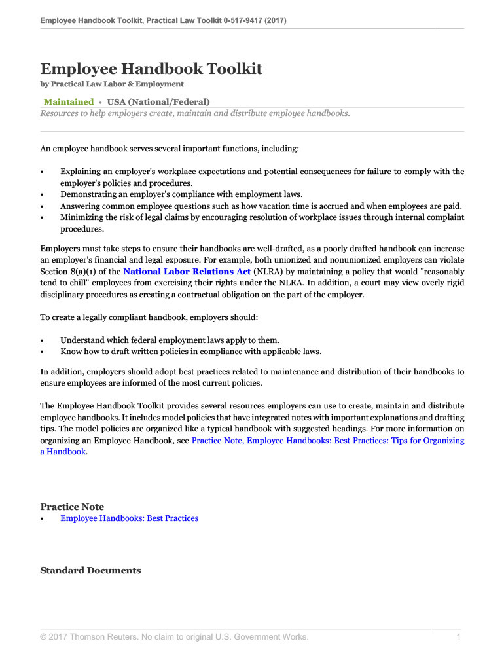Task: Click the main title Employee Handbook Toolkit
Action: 151,69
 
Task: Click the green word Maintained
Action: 69,101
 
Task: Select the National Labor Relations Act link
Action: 187,271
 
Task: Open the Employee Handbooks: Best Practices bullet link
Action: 129,518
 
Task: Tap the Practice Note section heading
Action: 72,507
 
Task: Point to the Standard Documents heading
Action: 90,570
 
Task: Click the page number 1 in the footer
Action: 459,637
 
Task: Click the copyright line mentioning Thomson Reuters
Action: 174,637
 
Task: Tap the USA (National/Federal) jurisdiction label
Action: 158,101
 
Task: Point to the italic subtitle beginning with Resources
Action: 195,113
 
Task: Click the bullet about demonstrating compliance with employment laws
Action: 181,194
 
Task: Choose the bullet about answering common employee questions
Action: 261,206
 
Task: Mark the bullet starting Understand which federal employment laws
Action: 170,340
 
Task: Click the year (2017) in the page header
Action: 274,20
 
